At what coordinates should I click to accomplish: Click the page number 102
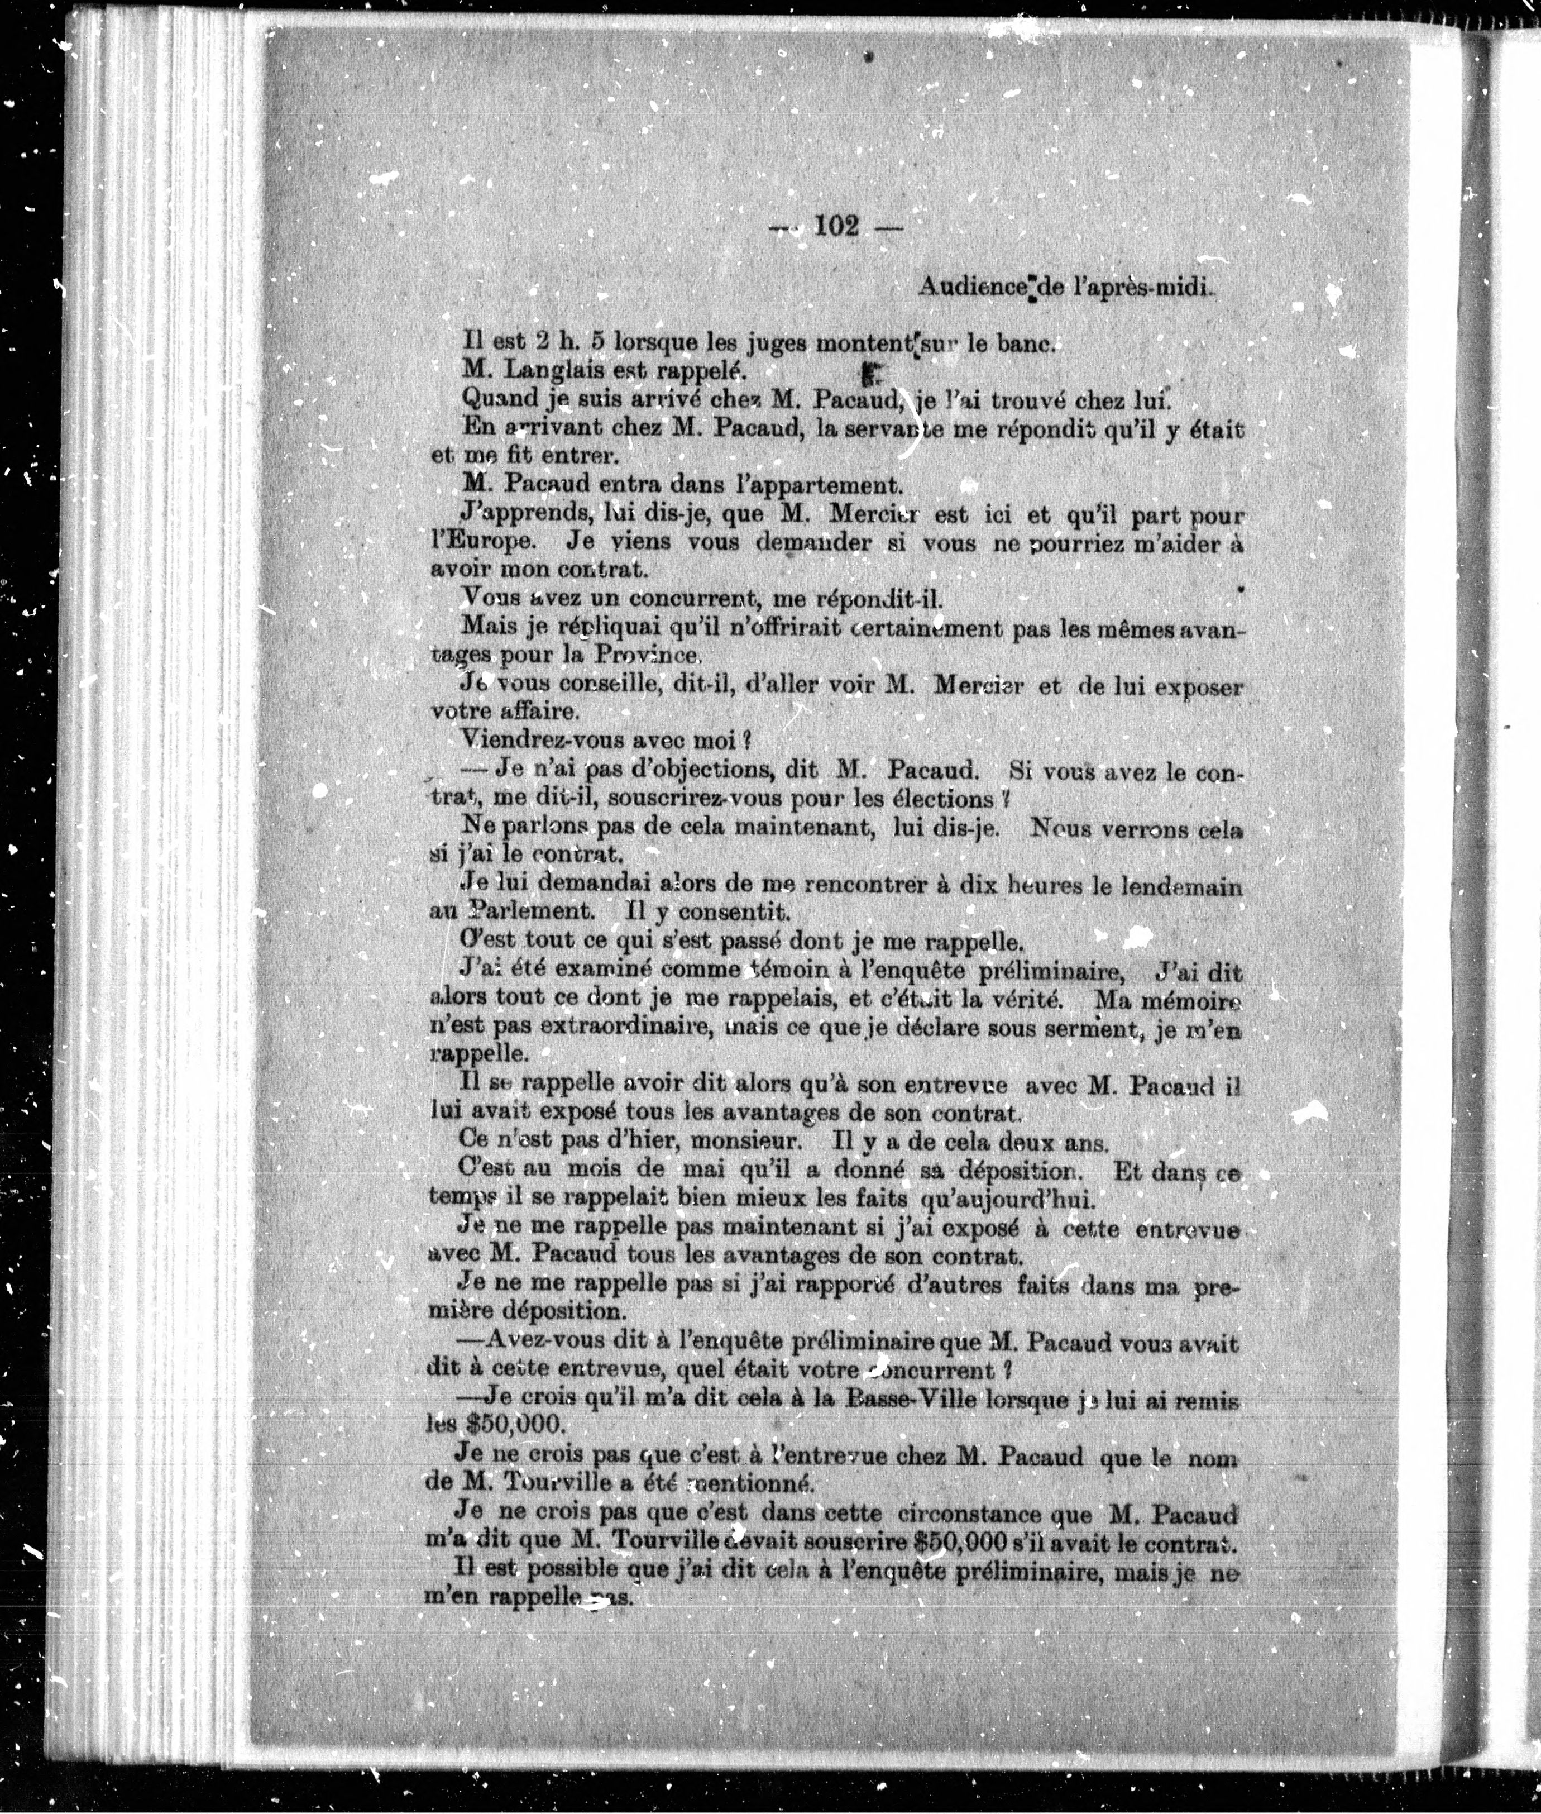pyautogui.click(x=836, y=226)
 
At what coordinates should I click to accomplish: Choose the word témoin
pyautogui.click(x=796, y=970)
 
